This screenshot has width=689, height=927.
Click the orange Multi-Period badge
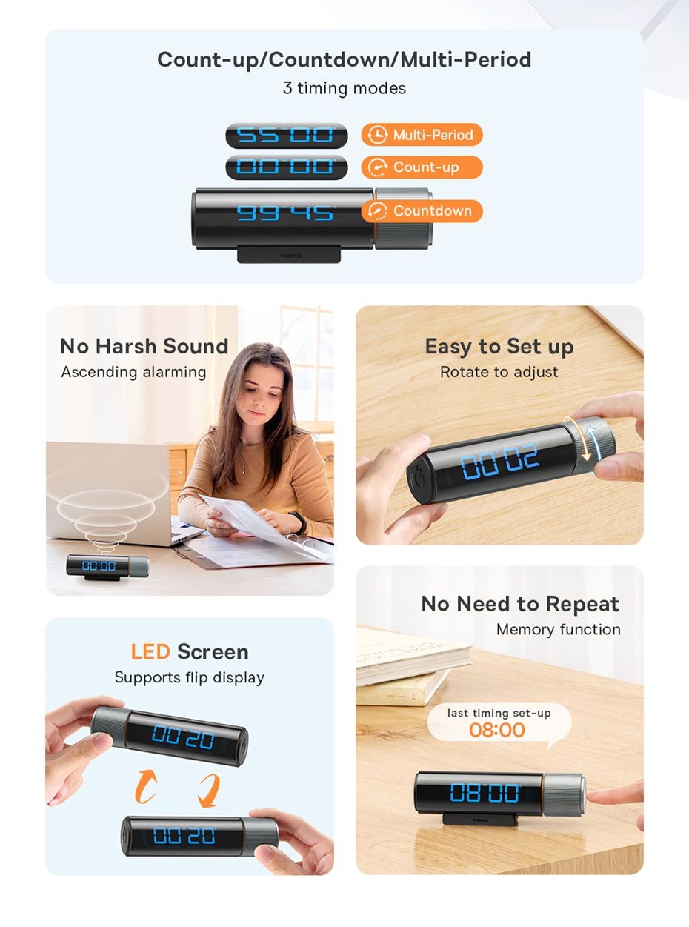pyautogui.click(x=422, y=135)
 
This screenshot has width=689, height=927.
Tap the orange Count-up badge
pyautogui.click(x=422, y=167)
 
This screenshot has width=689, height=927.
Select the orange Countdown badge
pyautogui.click(x=422, y=210)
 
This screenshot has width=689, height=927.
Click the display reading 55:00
pyautogui.click(x=286, y=136)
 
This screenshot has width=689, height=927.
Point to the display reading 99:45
pyautogui.click(x=285, y=213)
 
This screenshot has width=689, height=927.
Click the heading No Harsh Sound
pyautogui.click(x=144, y=346)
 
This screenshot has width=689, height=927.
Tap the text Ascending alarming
pyautogui.click(x=133, y=372)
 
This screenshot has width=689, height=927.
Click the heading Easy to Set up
pyautogui.click(x=499, y=347)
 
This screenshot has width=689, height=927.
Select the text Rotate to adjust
pyautogui.click(x=499, y=372)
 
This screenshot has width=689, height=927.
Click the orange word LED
pyautogui.click(x=150, y=651)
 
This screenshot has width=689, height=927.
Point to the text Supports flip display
pyautogui.click(x=189, y=677)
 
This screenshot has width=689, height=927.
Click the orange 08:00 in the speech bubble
pyautogui.click(x=497, y=730)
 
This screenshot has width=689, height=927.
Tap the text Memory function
pyautogui.click(x=558, y=629)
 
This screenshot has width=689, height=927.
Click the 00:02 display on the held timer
pyautogui.click(x=499, y=461)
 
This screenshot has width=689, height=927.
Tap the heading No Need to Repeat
pyautogui.click(x=520, y=604)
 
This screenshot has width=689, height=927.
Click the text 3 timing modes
pyautogui.click(x=344, y=88)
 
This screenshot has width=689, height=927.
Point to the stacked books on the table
pyautogui.click(x=412, y=665)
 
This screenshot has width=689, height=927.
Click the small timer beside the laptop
pyautogui.click(x=107, y=567)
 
